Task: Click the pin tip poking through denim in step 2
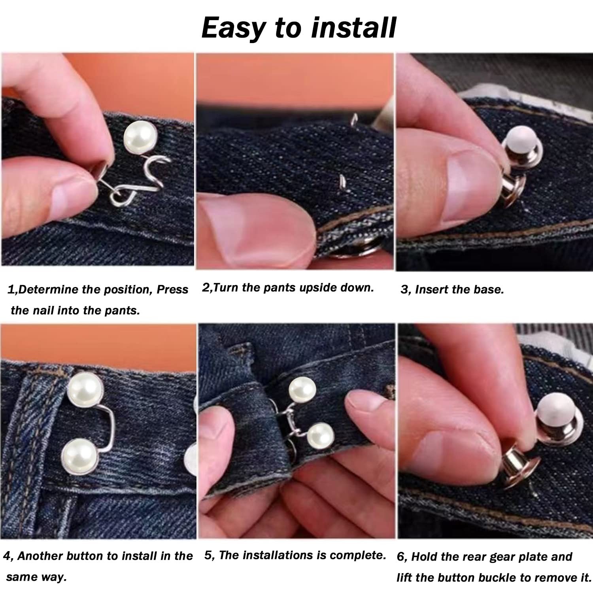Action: coord(341,181)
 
